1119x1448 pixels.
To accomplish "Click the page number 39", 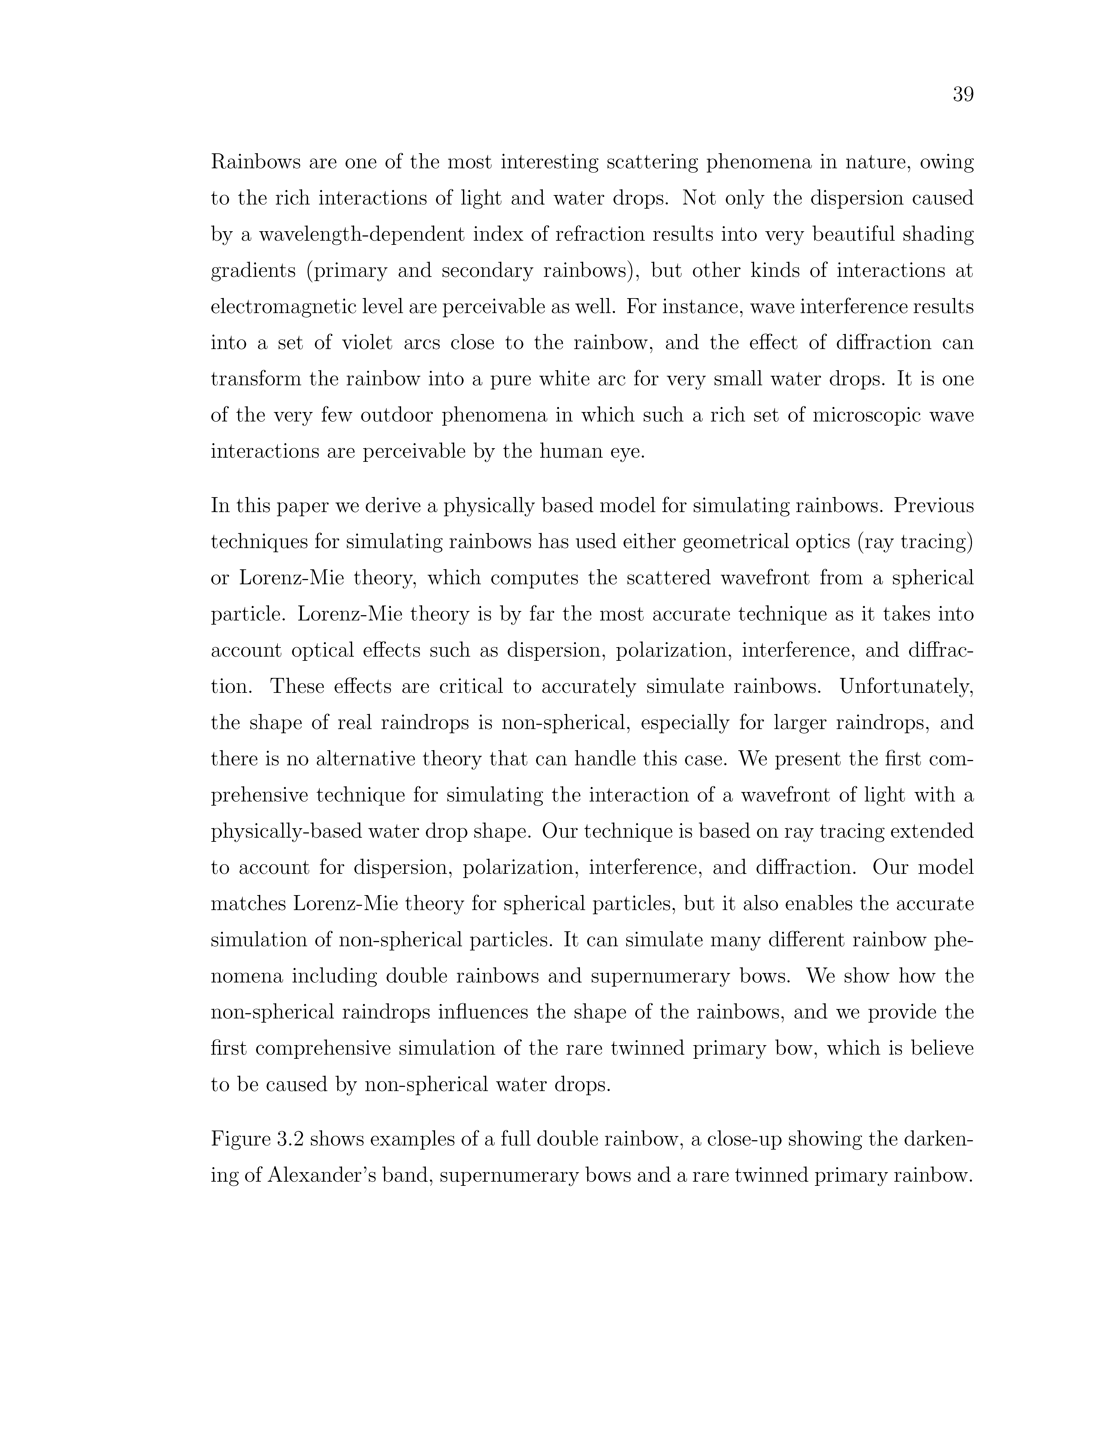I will pyautogui.click(x=963, y=95).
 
